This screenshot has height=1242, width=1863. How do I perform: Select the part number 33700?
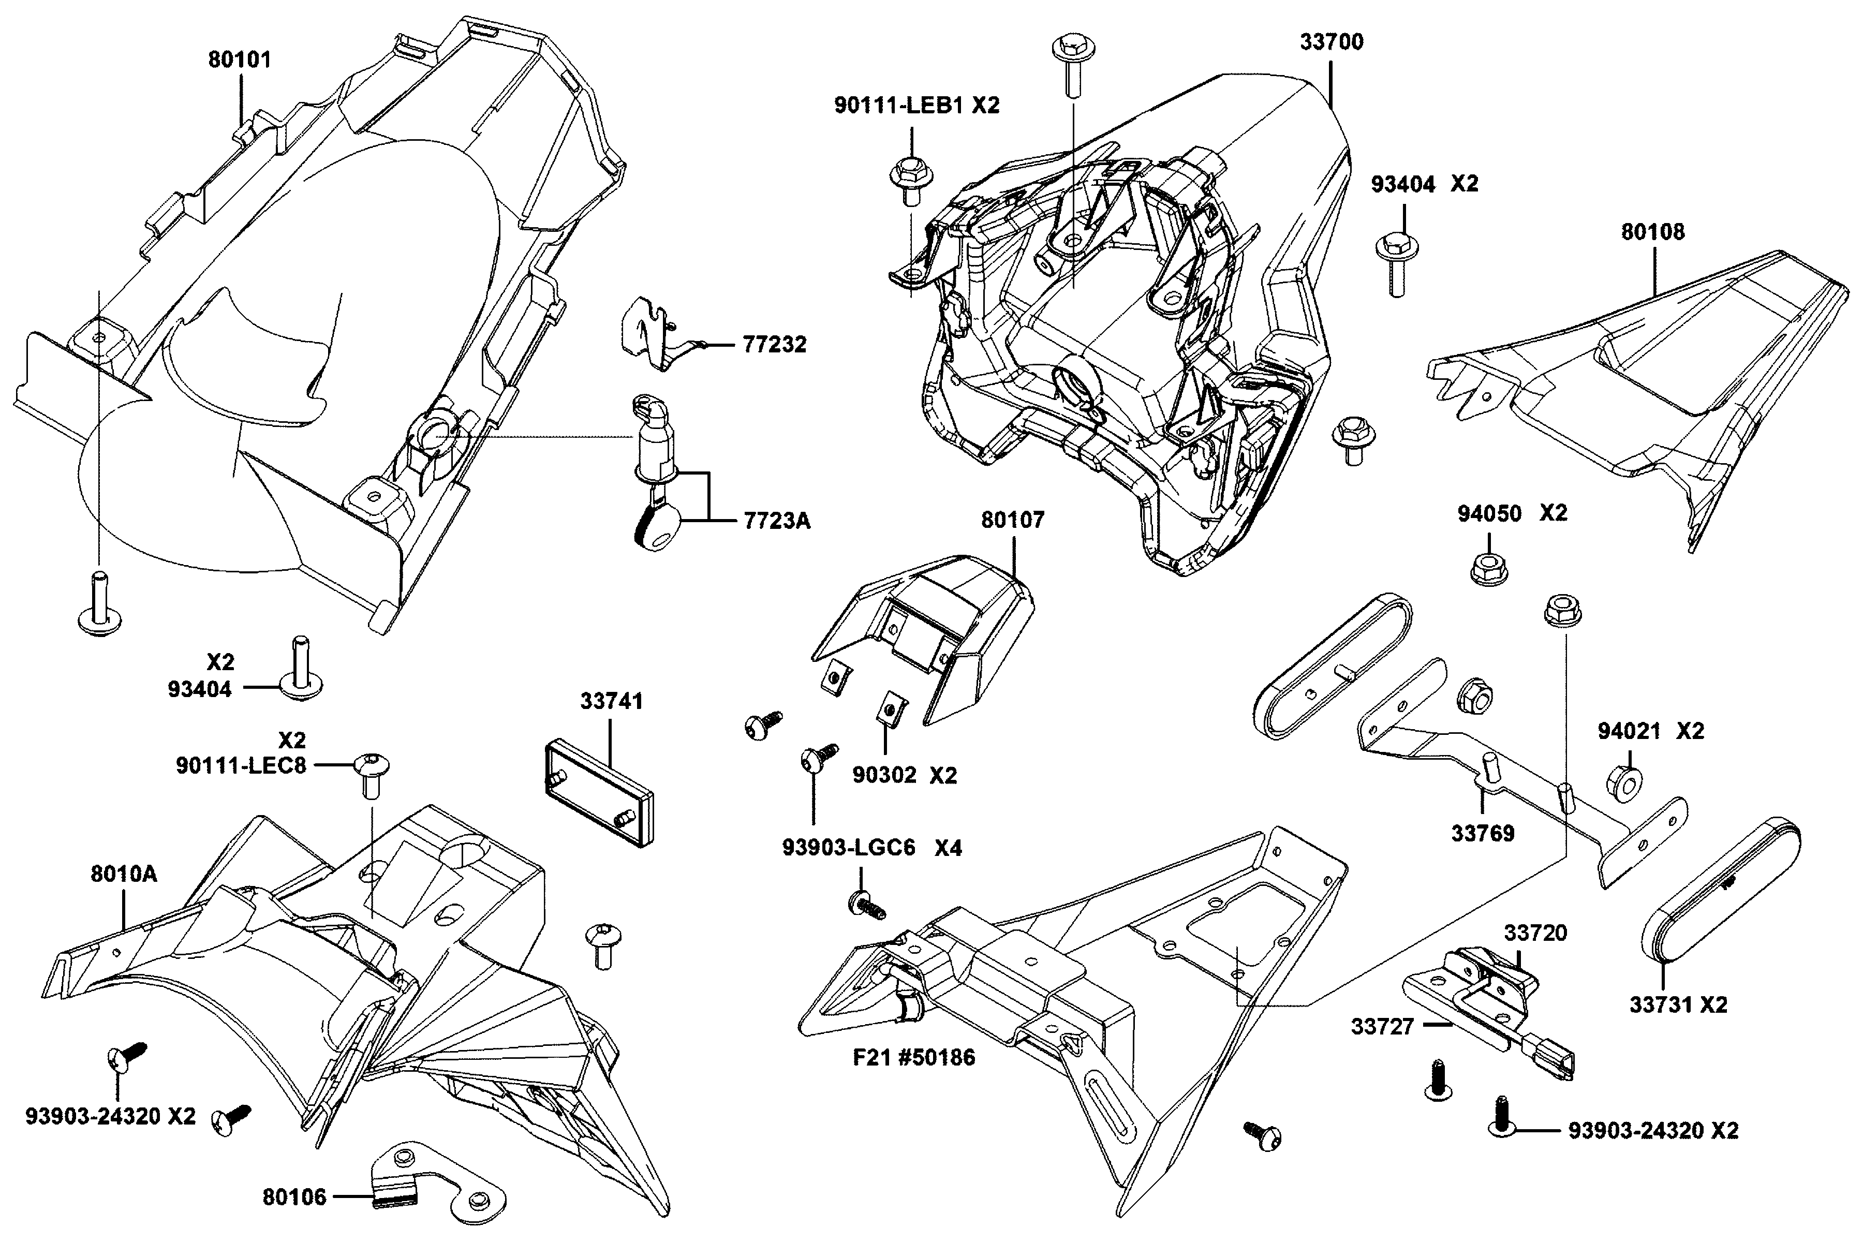coord(1332,42)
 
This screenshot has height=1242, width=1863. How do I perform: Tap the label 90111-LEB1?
coord(900,106)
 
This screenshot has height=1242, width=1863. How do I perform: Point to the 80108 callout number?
coord(1653,232)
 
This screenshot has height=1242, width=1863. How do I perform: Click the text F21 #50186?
coord(914,1057)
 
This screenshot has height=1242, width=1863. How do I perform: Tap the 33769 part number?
coord(1483,833)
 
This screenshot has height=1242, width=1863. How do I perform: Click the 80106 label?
coord(294,1197)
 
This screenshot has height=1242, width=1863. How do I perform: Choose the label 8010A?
coord(124,875)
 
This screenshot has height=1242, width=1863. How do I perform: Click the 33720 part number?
coord(1535,933)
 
